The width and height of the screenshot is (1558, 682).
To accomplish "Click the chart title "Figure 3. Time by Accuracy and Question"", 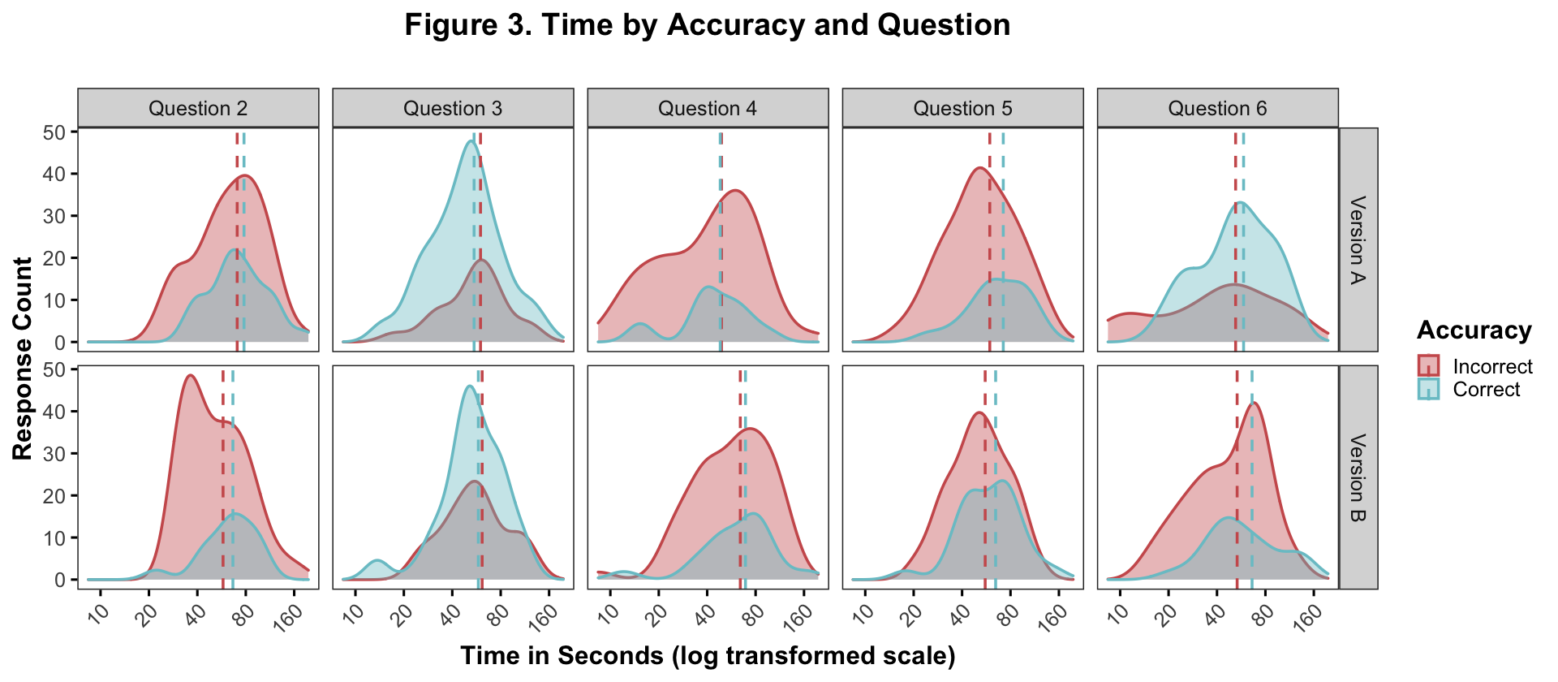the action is (x=707, y=25).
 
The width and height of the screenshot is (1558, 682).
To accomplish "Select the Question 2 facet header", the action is (x=198, y=108).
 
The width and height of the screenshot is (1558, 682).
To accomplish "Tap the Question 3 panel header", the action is (x=453, y=108).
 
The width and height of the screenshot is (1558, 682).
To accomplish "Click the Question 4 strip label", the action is (x=708, y=108).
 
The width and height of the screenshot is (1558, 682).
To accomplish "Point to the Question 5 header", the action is (x=962, y=108).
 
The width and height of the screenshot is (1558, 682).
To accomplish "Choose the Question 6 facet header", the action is (x=1217, y=108).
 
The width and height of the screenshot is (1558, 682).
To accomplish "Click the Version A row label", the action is (x=1358, y=240).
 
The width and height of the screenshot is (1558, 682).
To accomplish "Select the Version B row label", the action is (x=1358, y=477).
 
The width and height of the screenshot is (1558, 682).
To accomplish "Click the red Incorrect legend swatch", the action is (x=1428, y=365).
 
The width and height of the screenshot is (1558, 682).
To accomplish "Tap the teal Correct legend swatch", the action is (x=1428, y=389).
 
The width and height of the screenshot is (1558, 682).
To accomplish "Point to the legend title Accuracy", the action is (x=1474, y=330).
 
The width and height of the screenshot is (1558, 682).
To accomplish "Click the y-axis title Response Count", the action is (x=23, y=359).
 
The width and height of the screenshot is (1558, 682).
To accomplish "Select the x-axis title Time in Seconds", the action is (x=708, y=656).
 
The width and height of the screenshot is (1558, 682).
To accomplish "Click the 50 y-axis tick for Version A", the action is (x=54, y=132).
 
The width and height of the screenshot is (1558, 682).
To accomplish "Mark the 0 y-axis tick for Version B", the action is (x=60, y=580).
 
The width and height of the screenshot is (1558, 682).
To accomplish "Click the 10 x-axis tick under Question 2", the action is (x=97, y=609).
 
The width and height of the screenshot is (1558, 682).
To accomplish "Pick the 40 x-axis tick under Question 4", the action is (x=703, y=609).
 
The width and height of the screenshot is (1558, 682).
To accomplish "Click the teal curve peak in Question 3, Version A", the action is (x=471, y=141).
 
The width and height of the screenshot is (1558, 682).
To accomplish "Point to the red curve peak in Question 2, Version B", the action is (x=190, y=375).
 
